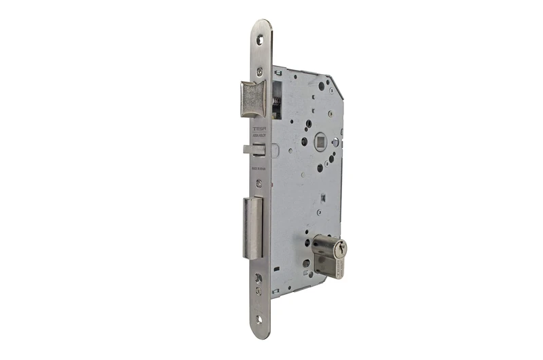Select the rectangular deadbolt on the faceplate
coord(252,228)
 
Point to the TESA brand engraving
coord(259,129)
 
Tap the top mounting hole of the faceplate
coord(259,40)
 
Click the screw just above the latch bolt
coord(259,71)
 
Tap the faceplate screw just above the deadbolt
coord(258,183)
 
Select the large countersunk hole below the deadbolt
coord(258,278)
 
